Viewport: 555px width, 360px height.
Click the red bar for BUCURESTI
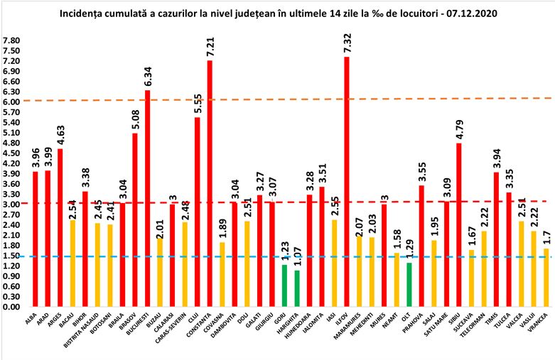pyautogui.click(x=147, y=198)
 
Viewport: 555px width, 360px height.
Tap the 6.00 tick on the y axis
pyautogui.click(x=12, y=102)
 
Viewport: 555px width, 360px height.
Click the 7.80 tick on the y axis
pyautogui.click(x=12, y=41)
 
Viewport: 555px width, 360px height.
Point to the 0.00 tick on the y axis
pyautogui.click(x=12, y=307)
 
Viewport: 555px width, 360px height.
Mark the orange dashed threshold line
pyautogui.click(x=284, y=99)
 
